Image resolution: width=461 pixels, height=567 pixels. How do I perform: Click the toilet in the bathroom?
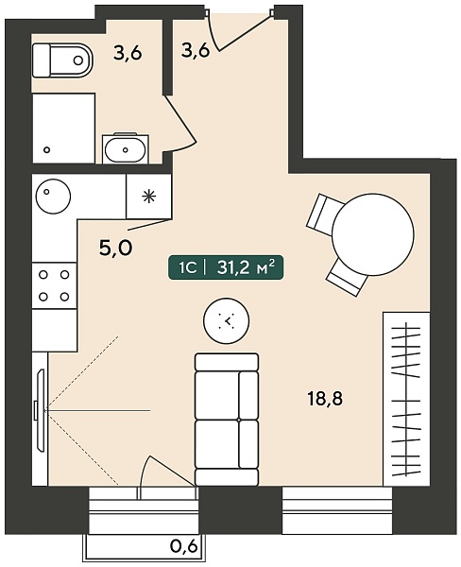click(x=62, y=60)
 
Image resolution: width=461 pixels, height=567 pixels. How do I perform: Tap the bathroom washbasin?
click(x=125, y=149)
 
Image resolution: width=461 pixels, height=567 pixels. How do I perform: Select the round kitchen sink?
click(x=53, y=197)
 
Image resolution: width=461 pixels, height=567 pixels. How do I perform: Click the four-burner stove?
click(x=54, y=285)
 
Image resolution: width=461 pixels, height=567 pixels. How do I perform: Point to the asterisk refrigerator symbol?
click(x=148, y=197)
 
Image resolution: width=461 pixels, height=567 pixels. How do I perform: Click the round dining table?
click(x=373, y=234)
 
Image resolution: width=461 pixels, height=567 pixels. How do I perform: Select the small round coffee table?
click(x=227, y=320)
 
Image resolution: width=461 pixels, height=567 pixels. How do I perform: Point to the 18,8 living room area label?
click(x=325, y=400)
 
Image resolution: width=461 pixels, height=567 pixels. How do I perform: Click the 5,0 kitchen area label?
click(x=115, y=248)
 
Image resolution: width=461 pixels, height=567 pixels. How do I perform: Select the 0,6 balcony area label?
click(x=184, y=546)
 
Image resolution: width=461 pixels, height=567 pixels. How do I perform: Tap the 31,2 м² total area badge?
click(x=226, y=268)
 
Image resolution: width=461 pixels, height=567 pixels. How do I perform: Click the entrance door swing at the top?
click(x=239, y=34)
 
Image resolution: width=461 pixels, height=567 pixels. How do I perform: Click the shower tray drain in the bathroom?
click(x=46, y=149)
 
